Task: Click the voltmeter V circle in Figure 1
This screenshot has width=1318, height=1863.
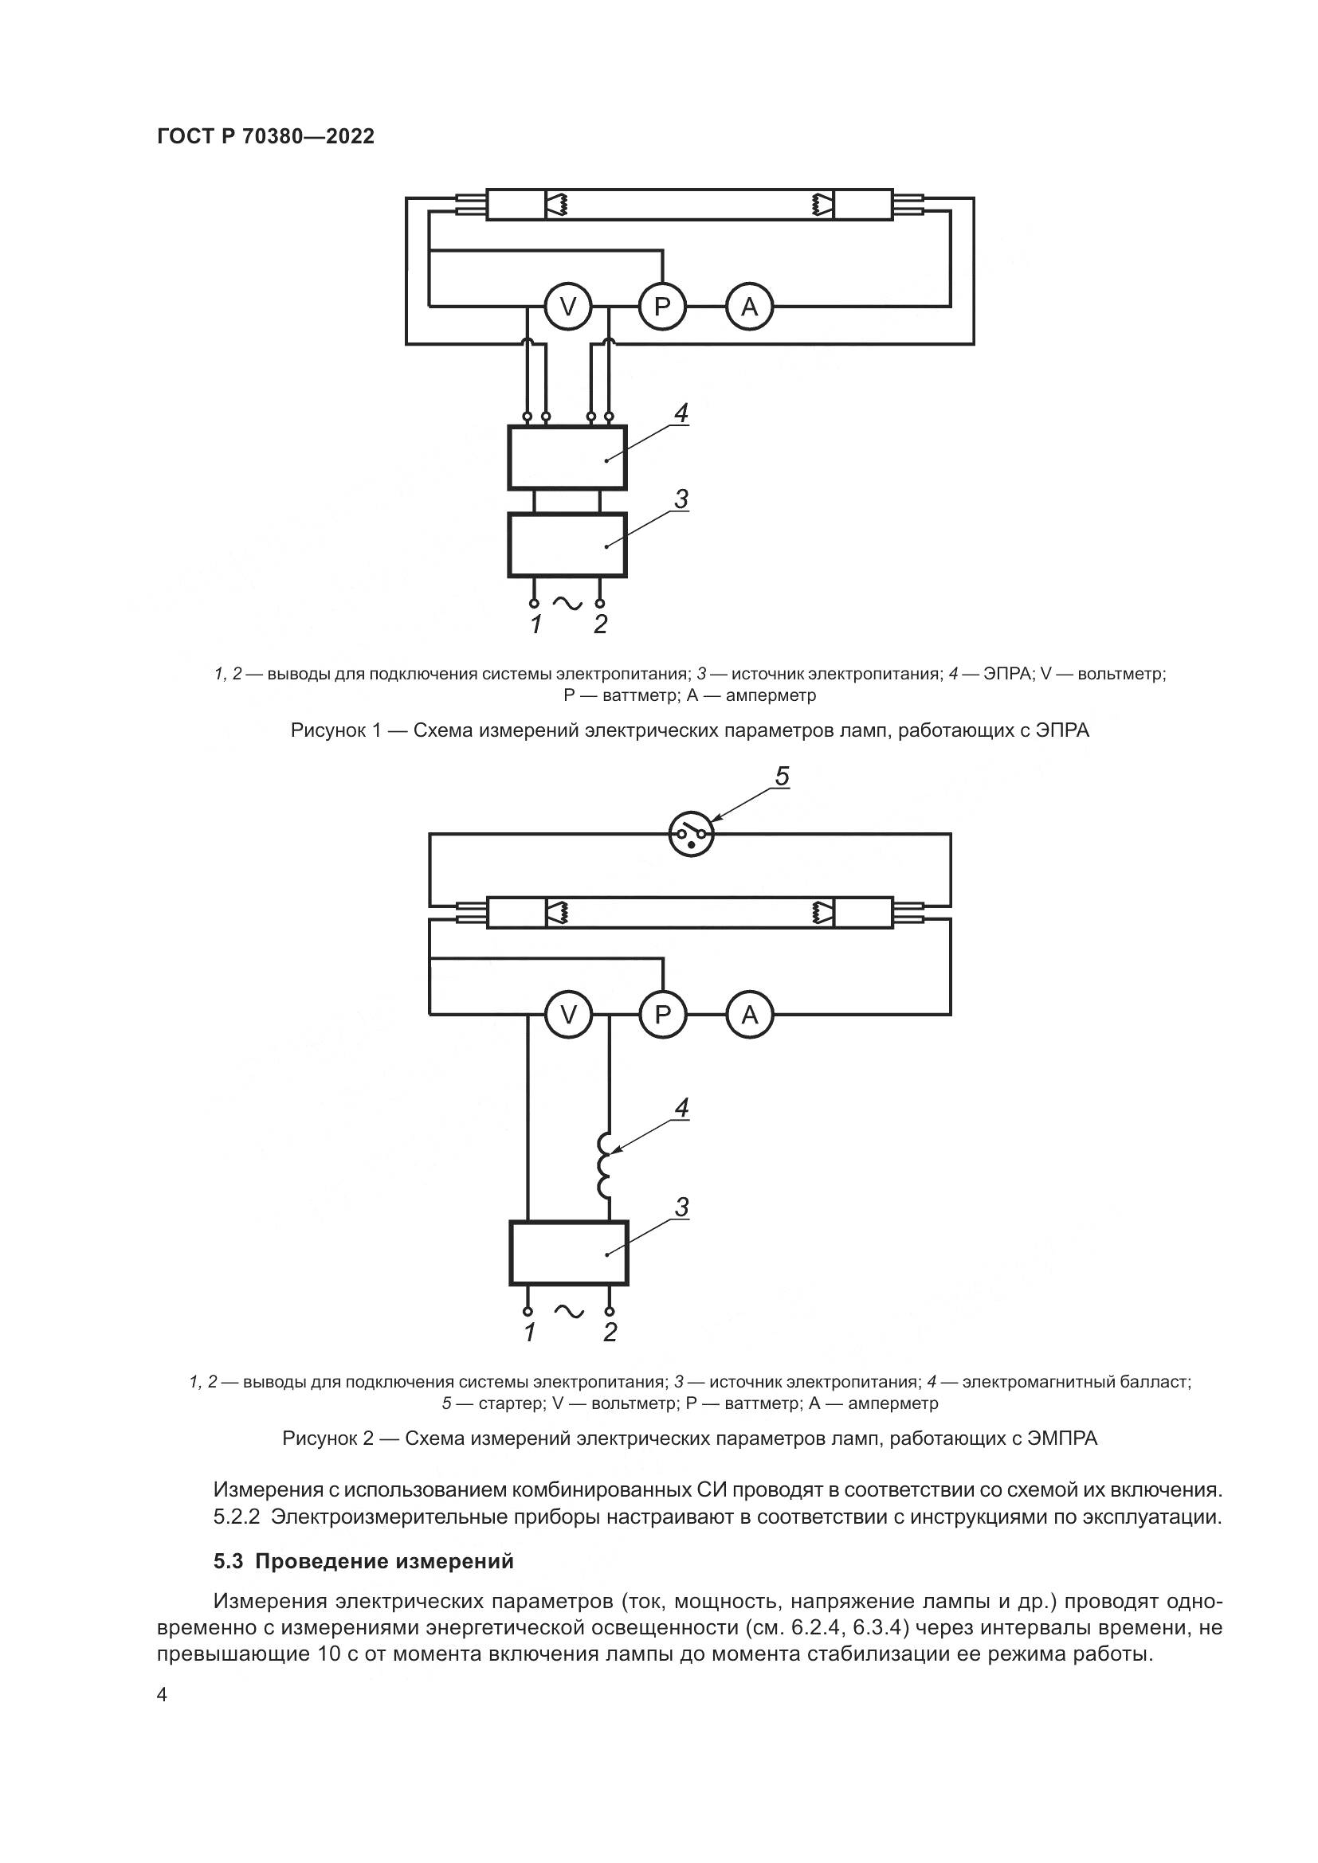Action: [x=568, y=307]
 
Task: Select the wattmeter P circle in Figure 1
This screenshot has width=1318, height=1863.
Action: [x=662, y=307]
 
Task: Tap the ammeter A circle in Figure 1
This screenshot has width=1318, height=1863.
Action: [x=749, y=307]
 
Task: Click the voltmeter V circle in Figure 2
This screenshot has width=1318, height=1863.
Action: [x=568, y=1014]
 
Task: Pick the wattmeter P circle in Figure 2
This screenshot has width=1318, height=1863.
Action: [x=662, y=1014]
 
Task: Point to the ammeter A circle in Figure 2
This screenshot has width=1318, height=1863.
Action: [x=749, y=1014]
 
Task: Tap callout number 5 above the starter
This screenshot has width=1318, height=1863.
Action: [x=781, y=777]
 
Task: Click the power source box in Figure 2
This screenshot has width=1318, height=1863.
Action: [x=568, y=1253]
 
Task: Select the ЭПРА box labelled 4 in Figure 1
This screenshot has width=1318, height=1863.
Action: [x=567, y=458]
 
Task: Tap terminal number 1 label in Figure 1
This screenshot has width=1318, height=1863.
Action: [x=535, y=624]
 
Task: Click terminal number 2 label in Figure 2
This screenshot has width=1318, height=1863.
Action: [x=610, y=1333]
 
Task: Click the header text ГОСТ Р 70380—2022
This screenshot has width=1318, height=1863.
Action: [x=265, y=136]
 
